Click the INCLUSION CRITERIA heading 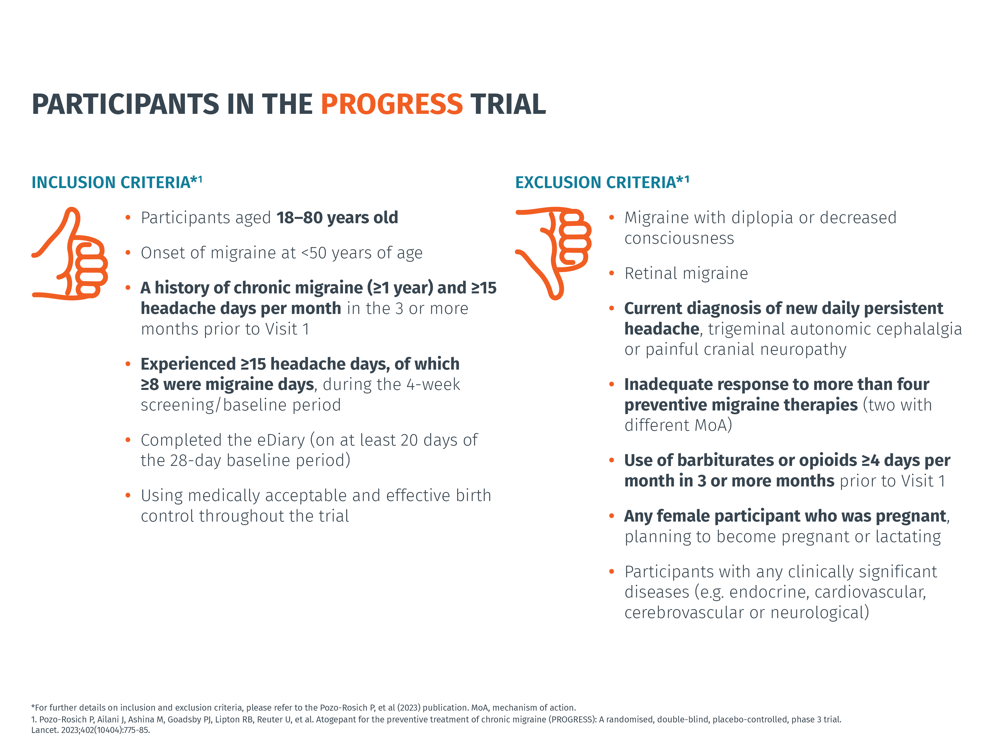[116, 182]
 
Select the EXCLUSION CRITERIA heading [602, 182]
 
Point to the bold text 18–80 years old [337, 218]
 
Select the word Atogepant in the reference [336, 719]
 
